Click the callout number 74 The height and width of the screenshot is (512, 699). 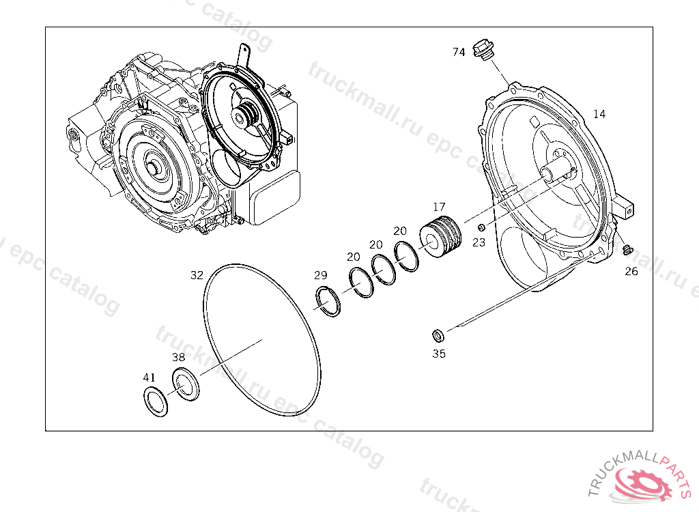[x=459, y=52]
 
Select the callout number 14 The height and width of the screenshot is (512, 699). [x=599, y=114]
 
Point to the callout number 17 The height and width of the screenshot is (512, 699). [x=439, y=207]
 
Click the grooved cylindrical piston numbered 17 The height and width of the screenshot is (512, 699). [x=440, y=236]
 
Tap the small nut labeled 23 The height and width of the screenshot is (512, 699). [x=481, y=228]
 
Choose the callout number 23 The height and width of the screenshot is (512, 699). [x=479, y=242]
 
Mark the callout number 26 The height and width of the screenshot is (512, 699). [x=631, y=271]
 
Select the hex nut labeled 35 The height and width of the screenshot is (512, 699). [x=438, y=335]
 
